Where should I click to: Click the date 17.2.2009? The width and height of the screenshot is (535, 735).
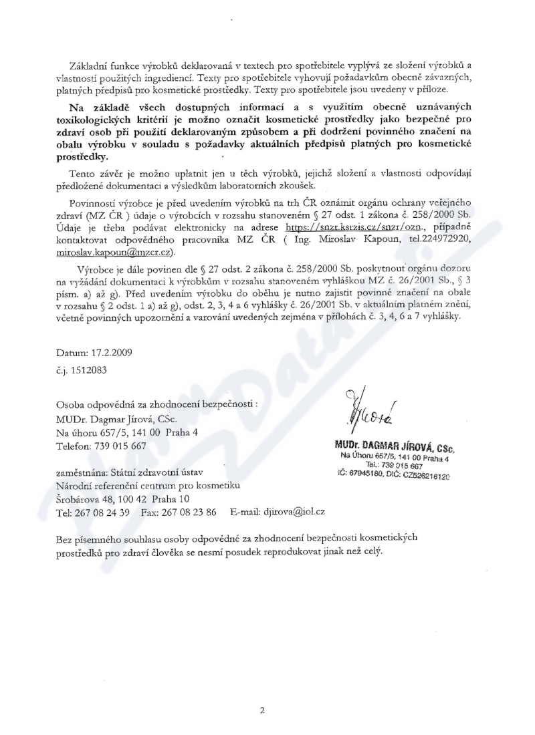point(104,352)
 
